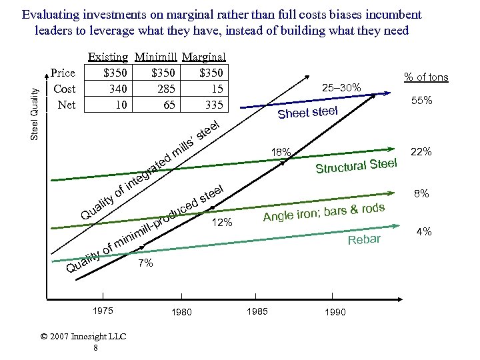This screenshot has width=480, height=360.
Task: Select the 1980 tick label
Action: (181, 312)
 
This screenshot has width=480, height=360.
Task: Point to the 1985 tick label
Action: (257, 311)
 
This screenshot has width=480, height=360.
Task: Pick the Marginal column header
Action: (203, 58)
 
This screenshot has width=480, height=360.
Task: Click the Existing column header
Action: (107, 58)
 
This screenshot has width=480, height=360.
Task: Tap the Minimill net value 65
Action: (169, 104)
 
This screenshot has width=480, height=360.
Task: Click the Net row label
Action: (67, 104)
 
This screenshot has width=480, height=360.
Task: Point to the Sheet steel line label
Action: (308, 111)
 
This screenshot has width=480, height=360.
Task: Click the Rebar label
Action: (363, 239)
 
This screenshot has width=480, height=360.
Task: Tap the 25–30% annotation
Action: (341, 87)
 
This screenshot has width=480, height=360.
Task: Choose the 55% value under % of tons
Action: (421, 101)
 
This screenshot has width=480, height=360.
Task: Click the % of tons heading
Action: (427, 77)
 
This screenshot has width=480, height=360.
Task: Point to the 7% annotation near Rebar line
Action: (145, 264)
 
